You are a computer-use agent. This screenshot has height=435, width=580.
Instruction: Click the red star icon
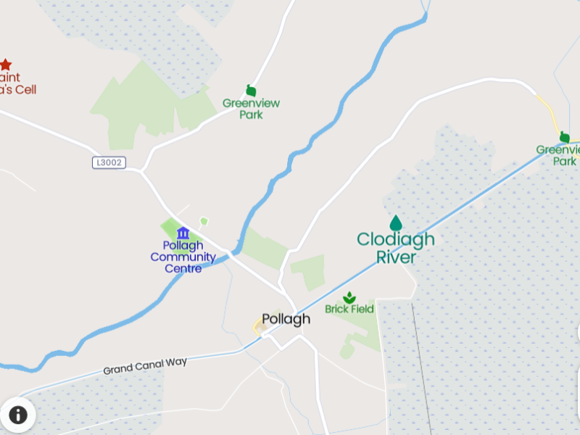tap(6, 65)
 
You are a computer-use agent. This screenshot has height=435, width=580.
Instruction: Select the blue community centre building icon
tap(183, 233)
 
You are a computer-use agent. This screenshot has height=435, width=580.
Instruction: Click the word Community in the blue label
tap(183, 257)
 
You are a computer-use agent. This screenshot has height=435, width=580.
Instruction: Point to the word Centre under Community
tap(183, 268)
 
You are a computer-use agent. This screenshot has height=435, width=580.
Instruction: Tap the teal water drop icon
tap(396, 223)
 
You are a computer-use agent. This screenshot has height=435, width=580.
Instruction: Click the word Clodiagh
tap(396, 239)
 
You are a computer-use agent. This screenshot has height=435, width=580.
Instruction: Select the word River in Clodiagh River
tap(396, 257)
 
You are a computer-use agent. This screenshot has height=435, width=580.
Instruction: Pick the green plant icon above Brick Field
tap(349, 297)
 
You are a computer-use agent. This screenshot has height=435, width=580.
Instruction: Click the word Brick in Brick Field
tap(336, 310)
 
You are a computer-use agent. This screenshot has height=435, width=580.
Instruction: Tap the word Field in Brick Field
tap(362, 310)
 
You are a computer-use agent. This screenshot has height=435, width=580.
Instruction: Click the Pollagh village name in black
tap(286, 319)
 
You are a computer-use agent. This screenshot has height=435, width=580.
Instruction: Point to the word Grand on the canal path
tap(117, 369)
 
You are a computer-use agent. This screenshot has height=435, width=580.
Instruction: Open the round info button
tap(17, 415)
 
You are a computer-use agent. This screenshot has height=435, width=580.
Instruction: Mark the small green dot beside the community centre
tap(204, 220)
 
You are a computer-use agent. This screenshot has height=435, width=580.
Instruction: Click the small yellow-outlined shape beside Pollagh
tap(258, 328)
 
